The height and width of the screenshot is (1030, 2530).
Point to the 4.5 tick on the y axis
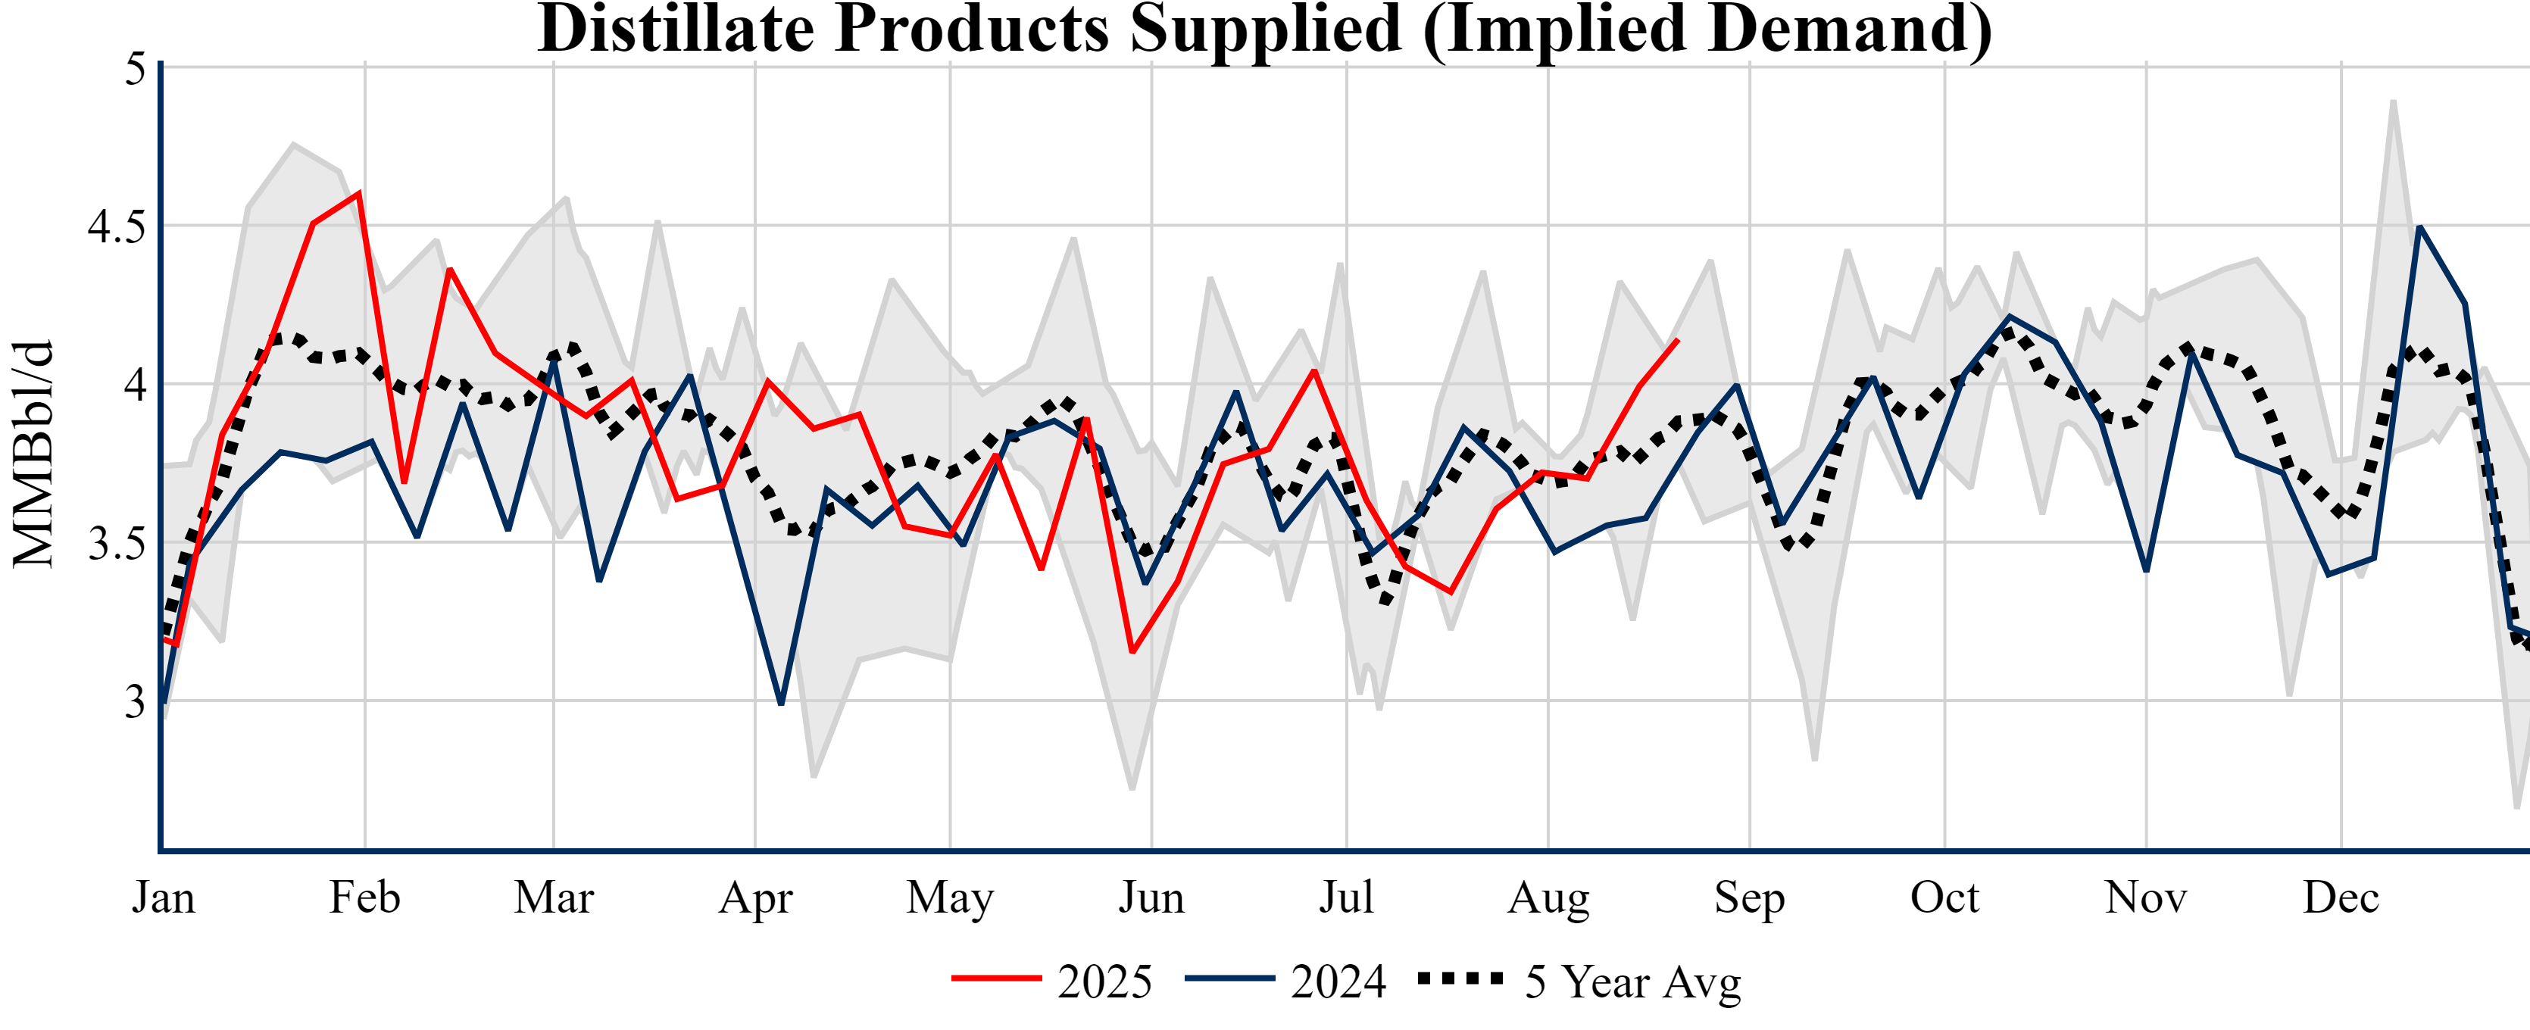click(x=116, y=226)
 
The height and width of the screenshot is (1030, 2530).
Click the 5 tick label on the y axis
click(x=135, y=69)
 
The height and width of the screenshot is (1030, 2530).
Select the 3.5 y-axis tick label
click(x=116, y=544)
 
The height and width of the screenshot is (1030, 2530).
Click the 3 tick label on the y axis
click(x=135, y=702)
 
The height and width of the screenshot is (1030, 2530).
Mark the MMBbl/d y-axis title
click(x=33, y=454)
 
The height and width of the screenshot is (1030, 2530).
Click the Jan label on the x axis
click(x=163, y=897)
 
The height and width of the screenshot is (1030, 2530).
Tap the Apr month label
click(x=754, y=897)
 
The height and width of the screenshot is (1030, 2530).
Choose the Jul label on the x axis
click(x=1345, y=897)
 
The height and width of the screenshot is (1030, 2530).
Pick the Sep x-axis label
click(x=1749, y=897)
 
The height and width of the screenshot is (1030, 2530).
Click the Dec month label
click(x=2341, y=897)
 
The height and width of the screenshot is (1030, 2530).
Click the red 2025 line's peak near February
click(x=360, y=192)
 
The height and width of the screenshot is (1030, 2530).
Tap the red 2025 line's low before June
click(x=1132, y=652)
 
